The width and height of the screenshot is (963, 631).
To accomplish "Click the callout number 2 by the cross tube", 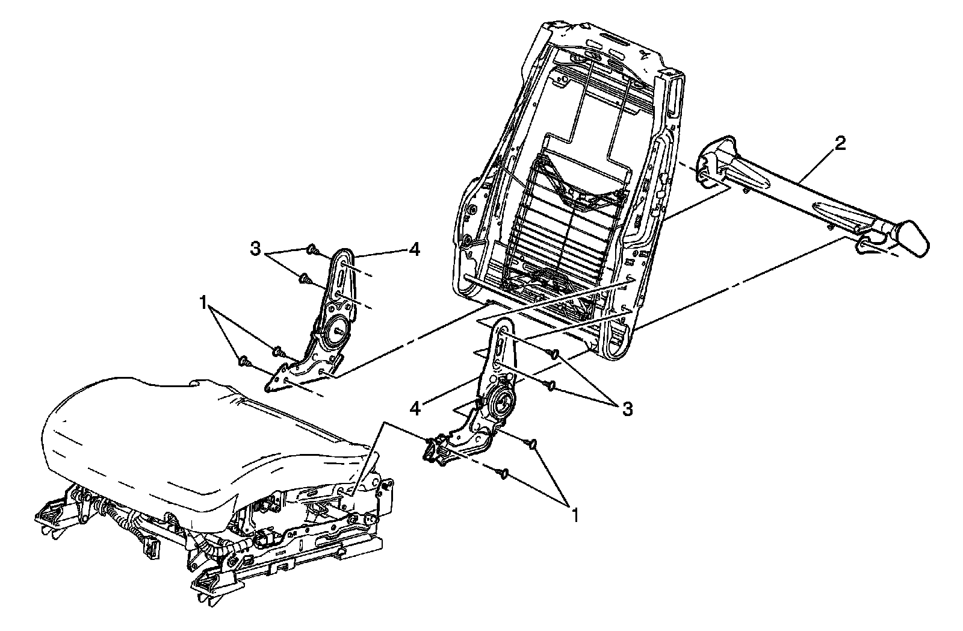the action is (x=840, y=143).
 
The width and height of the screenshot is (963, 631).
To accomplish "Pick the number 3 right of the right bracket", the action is (x=627, y=409).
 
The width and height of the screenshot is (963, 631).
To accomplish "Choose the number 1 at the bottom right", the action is (x=575, y=515).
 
